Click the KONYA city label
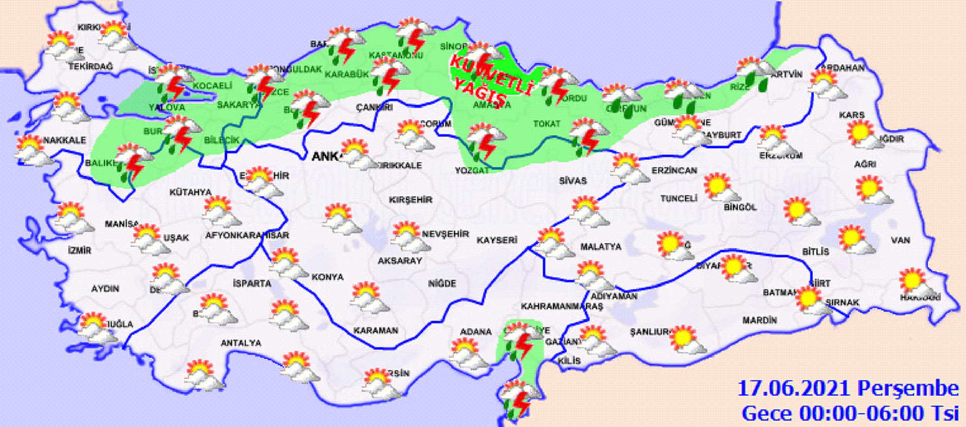point(327,277)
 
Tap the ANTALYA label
point(241,343)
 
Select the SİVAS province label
point(573,181)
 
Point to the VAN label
point(901,240)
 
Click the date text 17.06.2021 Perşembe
point(847,389)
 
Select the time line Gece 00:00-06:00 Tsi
point(850,413)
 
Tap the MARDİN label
point(760,321)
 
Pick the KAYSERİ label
point(496,240)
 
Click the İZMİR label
point(80,251)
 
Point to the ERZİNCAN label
point(674,171)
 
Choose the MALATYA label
point(600,247)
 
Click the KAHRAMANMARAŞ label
point(562,307)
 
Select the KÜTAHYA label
point(190,192)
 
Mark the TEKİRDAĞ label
point(91,67)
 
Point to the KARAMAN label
point(376,331)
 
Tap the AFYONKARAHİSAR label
point(247,236)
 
